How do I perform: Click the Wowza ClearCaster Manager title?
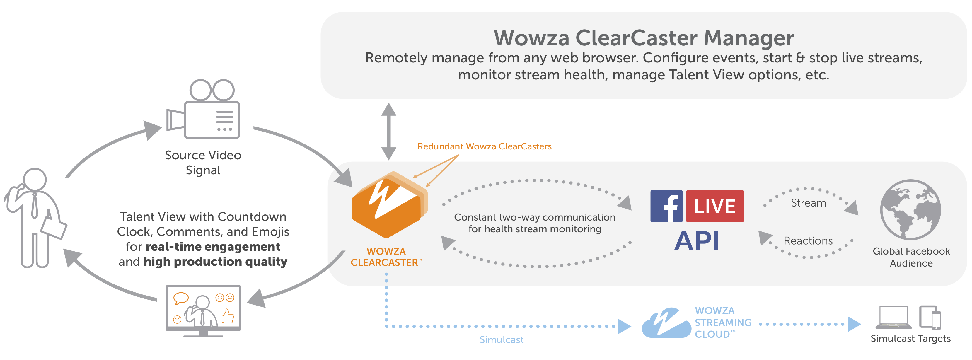(x=644, y=38)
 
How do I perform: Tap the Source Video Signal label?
(x=203, y=163)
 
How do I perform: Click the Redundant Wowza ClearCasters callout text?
(x=484, y=146)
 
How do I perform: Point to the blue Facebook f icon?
(x=666, y=206)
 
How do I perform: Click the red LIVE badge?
(x=714, y=206)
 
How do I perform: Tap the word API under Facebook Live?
(x=697, y=241)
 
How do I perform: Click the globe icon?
(x=910, y=209)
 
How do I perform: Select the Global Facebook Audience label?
(x=911, y=257)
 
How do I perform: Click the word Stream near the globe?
(x=808, y=203)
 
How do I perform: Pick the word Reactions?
(x=808, y=241)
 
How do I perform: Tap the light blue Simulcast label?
(x=501, y=339)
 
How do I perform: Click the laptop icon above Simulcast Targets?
(x=893, y=317)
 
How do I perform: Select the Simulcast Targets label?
(x=910, y=339)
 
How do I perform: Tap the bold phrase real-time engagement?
(x=213, y=247)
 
